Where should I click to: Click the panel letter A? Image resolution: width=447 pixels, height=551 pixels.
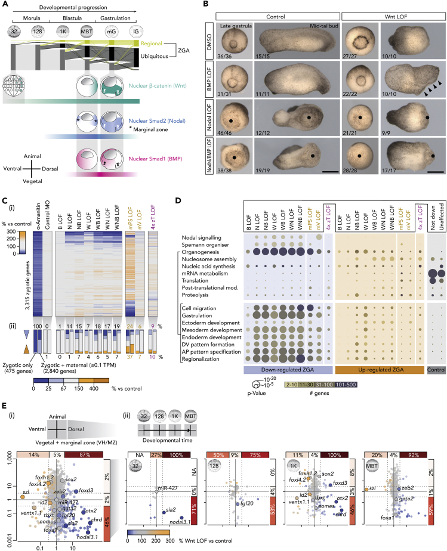(5, 5)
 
